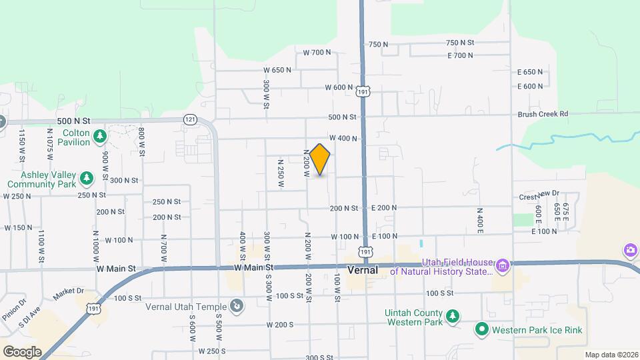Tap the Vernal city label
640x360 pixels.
(x=363, y=271)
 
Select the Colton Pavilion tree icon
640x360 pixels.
(x=99, y=137)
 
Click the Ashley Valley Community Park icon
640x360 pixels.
(x=86, y=178)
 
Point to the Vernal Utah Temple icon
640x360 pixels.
(x=236, y=306)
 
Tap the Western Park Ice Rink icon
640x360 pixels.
(x=482, y=329)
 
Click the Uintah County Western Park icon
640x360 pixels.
(x=453, y=315)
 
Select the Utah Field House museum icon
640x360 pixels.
(x=503, y=267)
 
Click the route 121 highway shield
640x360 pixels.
(x=191, y=119)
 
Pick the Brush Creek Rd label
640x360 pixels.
(x=543, y=114)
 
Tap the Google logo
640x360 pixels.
(x=22, y=351)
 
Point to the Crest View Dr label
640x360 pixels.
(x=539, y=197)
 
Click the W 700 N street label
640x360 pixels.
(x=317, y=52)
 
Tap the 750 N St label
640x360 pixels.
(x=378, y=45)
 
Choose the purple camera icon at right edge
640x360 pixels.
(x=630, y=251)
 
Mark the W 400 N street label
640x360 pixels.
(x=343, y=139)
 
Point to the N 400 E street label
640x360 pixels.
(x=479, y=221)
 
